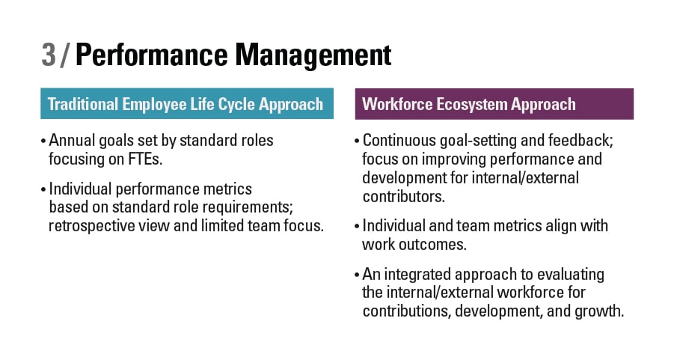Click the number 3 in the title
tap(49, 55)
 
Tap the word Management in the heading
tap(313, 56)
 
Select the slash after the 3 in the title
tap(65, 55)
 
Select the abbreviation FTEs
tap(145, 159)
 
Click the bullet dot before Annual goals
tap(43, 141)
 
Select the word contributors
tap(404, 197)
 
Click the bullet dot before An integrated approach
tap(358, 275)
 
